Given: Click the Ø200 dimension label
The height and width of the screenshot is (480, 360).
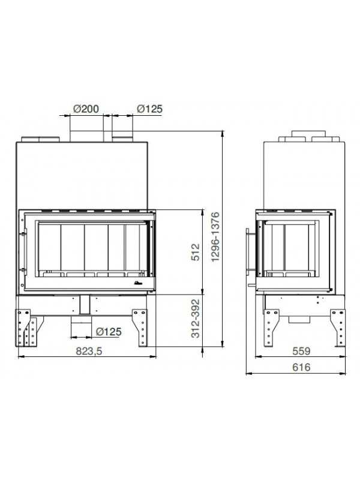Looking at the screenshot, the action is pos(86,109).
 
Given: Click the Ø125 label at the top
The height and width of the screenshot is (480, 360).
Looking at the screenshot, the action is pos(149,109).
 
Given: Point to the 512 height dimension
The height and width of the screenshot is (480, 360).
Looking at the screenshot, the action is pos(196,252).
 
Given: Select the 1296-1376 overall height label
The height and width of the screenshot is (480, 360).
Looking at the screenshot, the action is pos(216,236).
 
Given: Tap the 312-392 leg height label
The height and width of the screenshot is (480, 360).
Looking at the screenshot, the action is pos(196,319).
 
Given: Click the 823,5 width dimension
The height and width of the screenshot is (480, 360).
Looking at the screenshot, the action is pos(89,351).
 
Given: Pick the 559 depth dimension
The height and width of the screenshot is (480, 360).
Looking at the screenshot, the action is pos(301,351).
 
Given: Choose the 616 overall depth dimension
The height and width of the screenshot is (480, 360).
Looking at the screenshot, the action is pos(301,367).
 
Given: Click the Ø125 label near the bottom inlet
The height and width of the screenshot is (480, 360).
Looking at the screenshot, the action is pos(109,332).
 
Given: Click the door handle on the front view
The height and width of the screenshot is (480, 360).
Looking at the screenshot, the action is pos(23,251).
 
